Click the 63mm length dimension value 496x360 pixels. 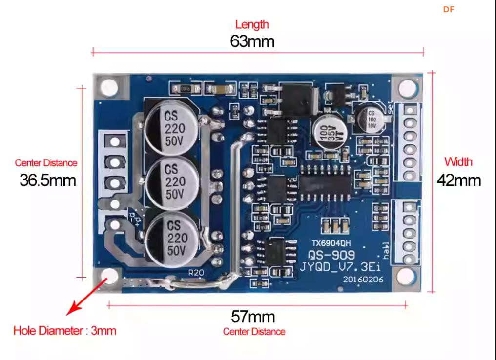point(252,41)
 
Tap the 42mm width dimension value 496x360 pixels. point(458,180)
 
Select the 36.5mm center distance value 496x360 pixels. point(48,180)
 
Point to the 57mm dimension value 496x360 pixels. point(253,317)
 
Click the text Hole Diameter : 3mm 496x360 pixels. point(65,331)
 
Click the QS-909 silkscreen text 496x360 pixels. point(331,255)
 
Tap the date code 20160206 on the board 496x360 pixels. point(363,280)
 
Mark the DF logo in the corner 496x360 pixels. point(449,9)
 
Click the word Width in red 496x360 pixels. point(458,161)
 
